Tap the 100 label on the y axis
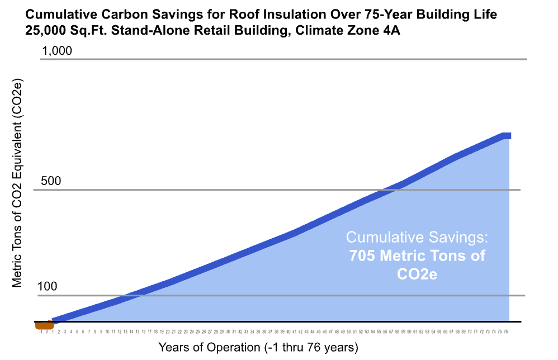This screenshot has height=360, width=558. click(x=48, y=287)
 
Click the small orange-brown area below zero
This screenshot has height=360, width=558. click(x=44, y=325)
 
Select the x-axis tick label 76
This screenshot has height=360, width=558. click(x=506, y=331)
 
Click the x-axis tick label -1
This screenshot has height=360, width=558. click(x=41, y=331)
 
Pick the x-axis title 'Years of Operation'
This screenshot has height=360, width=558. click(x=210, y=347)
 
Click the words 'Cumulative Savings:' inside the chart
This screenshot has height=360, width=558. click(x=417, y=237)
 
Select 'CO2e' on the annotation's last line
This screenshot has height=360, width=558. click(x=417, y=276)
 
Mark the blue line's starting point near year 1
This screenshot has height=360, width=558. click(x=54, y=321)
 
